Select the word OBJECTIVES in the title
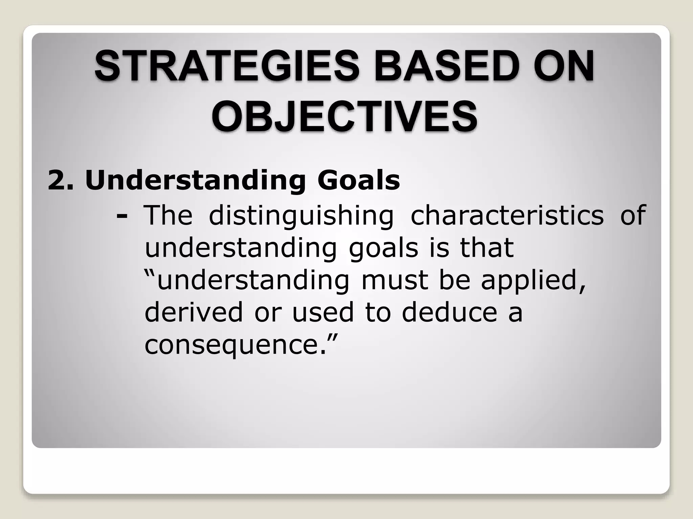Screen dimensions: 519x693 345,116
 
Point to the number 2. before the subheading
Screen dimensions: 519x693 61,180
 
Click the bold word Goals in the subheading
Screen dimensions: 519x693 358,180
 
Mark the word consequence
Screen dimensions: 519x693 231,345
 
